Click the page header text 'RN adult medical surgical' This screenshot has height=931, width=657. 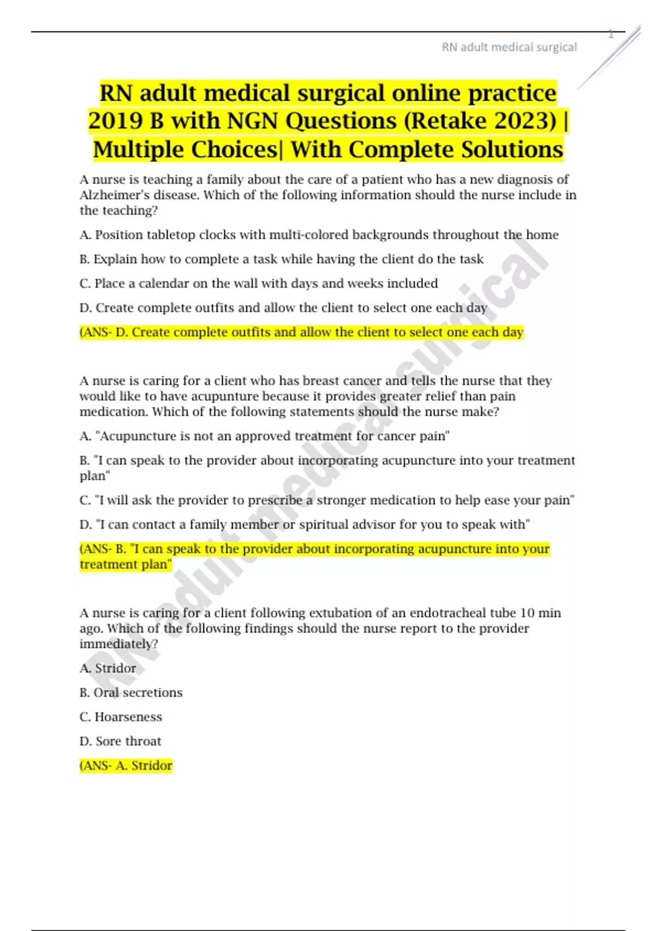[509, 47]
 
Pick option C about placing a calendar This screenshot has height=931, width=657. [258, 283]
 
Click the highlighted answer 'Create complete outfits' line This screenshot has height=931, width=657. [301, 332]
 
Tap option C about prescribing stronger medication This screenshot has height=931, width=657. [327, 500]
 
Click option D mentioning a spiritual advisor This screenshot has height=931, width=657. [304, 524]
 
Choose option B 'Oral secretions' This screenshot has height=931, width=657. [131, 692]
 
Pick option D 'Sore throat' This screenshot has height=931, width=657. [120, 741]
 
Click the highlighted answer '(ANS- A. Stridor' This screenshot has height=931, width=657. [126, 766]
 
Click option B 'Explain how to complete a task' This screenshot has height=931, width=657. [281, 259]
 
